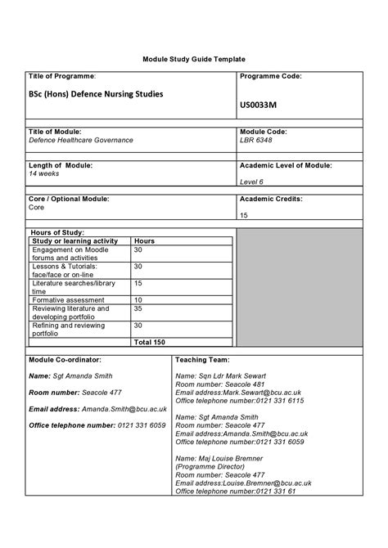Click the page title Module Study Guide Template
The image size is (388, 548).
tap(193, 61)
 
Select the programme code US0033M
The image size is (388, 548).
tap(259, 105)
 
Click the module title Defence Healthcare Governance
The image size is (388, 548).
tap(81, 140)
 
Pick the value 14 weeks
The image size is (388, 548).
tap(44, 173)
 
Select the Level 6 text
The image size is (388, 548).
tap(251, 182)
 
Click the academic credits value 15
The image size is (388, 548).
tap(244, 216)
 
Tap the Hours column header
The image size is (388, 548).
tap(144, 241)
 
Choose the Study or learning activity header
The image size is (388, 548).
tap(74, 241)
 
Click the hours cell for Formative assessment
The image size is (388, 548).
tap(138, 300)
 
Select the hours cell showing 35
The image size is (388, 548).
tap(138, 309)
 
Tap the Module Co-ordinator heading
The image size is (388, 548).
tap(65, 359)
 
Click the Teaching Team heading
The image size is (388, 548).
tap(202, 359)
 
